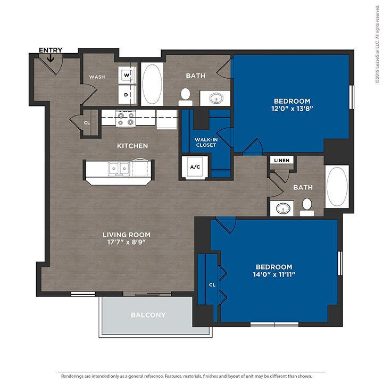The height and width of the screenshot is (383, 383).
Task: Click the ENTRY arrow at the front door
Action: click(x=51, y=57)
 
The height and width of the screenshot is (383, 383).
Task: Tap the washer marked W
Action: click(x=127, y=75)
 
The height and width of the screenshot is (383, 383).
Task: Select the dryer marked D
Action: click(x=127, y=95)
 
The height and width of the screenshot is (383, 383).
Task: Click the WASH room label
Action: click(x=97, y=77)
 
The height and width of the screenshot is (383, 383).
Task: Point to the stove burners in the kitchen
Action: click(x=126, y=119)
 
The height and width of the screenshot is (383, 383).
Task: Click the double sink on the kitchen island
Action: click(x=119, y=168)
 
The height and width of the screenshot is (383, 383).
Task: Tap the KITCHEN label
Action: click(x=132, y=146)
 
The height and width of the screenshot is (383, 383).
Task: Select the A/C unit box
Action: click(x=195, y=167)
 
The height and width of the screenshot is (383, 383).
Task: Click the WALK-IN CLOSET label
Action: click(x=206, y=143)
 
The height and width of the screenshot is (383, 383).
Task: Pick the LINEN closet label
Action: click(x=281, y=161)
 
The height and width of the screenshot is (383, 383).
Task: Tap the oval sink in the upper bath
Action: click(x=216, y=98)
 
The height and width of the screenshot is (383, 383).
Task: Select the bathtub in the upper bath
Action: click(x=152, y=84)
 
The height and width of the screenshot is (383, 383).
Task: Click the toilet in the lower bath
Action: click(x=307, y=207)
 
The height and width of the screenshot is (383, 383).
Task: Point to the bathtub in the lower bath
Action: click(x=337, y=187)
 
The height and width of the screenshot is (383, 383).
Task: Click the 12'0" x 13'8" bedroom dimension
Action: click(x=292, y=109)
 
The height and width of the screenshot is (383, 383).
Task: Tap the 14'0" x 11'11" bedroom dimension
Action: click(x=274, y=274)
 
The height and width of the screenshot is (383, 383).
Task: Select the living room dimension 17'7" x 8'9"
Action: click(x=127, y=242)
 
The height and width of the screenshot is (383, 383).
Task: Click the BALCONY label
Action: click(x=148, y=315)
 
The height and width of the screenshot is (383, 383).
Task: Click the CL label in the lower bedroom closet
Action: click(x=212, y=285)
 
